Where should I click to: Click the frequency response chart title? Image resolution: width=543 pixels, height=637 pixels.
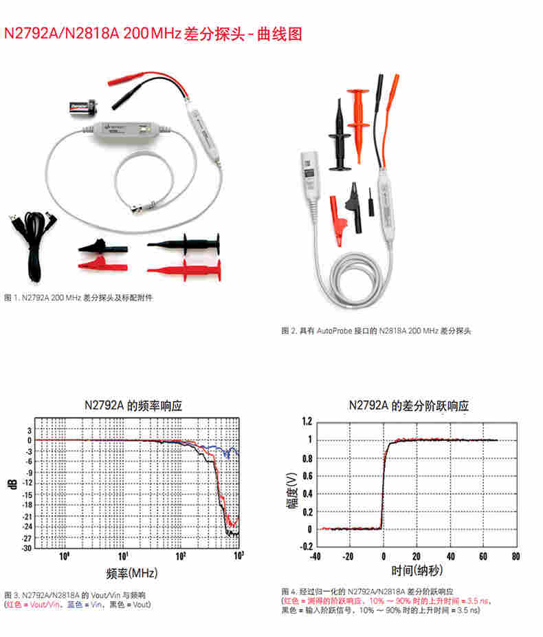coord(137,405)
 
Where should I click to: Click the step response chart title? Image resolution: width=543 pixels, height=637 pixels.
coord(408,405)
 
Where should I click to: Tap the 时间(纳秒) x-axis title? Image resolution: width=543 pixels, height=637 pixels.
coord(417,570)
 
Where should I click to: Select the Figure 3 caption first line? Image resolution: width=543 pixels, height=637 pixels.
coord(75,594)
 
